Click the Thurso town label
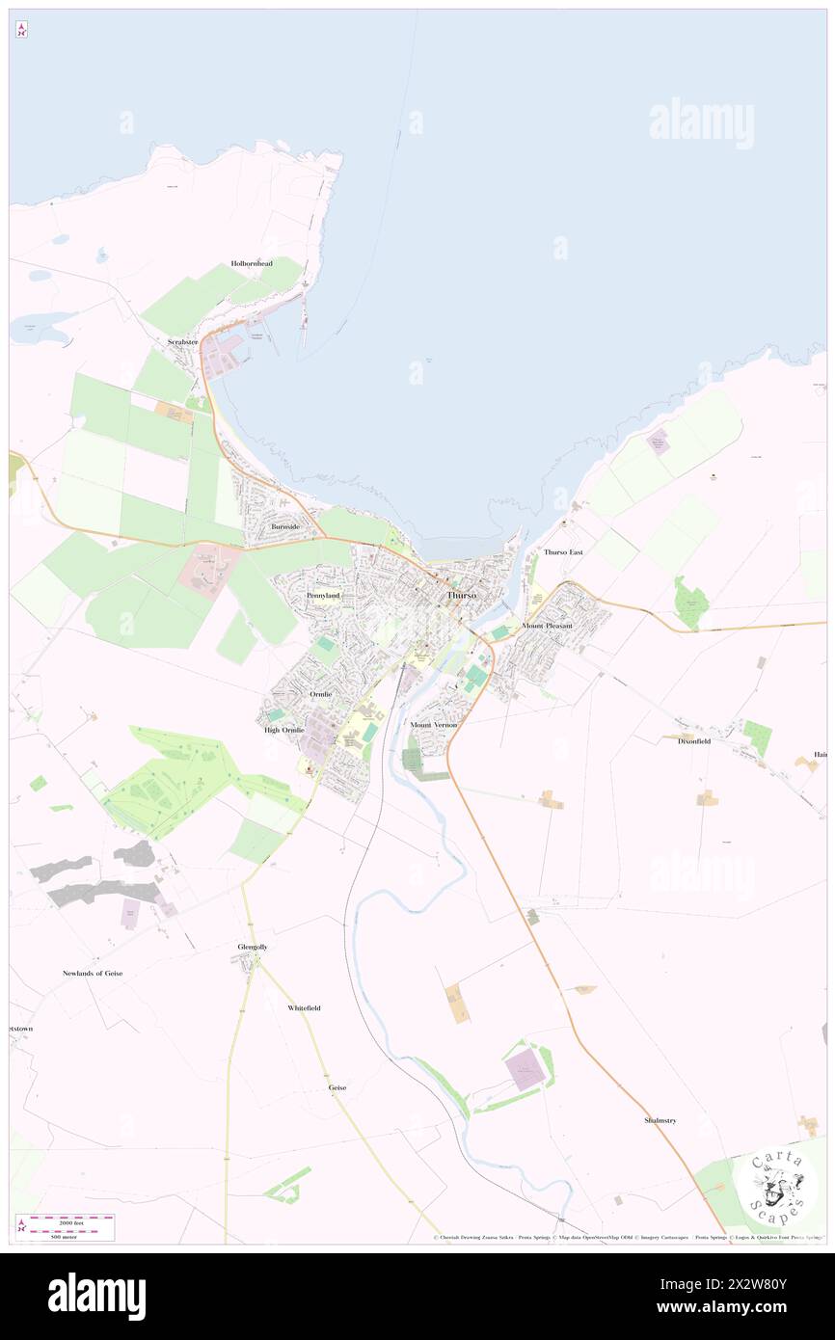click(x=462, y=596)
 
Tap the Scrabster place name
click(x=181, y=342)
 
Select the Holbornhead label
click(x=251, y=263)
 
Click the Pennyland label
click(x=323, y=596)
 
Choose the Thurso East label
click(x=563, y=552)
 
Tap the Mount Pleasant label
click(x=547, y=626)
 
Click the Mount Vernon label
click(x=433, y=724)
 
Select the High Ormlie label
click(x=284, y=730)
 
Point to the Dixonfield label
click(x=693, y=739)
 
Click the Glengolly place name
click(x=253, y=947)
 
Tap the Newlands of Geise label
click(x=93, y=974)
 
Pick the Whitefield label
click(x=304, y=1007)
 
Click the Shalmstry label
click(x=660, y=1120)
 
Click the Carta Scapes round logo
click(x=775, y=1186)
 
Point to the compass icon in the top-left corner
click(x=21, y=30)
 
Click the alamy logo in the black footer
click(x=96, y=1296)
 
